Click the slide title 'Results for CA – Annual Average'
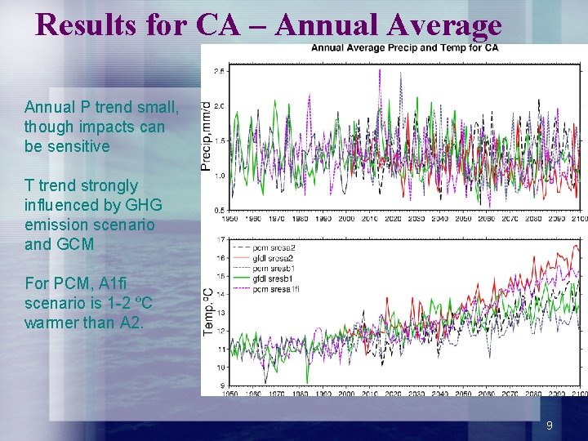[x=268, y=24]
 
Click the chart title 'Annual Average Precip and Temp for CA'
[x=404, y=47]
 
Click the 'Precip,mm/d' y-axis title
[x=207, y=136]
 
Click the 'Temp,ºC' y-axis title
[x=208, y=311]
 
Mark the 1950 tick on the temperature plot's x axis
[x=231, y=394]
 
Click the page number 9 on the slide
[x=550, y=425]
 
